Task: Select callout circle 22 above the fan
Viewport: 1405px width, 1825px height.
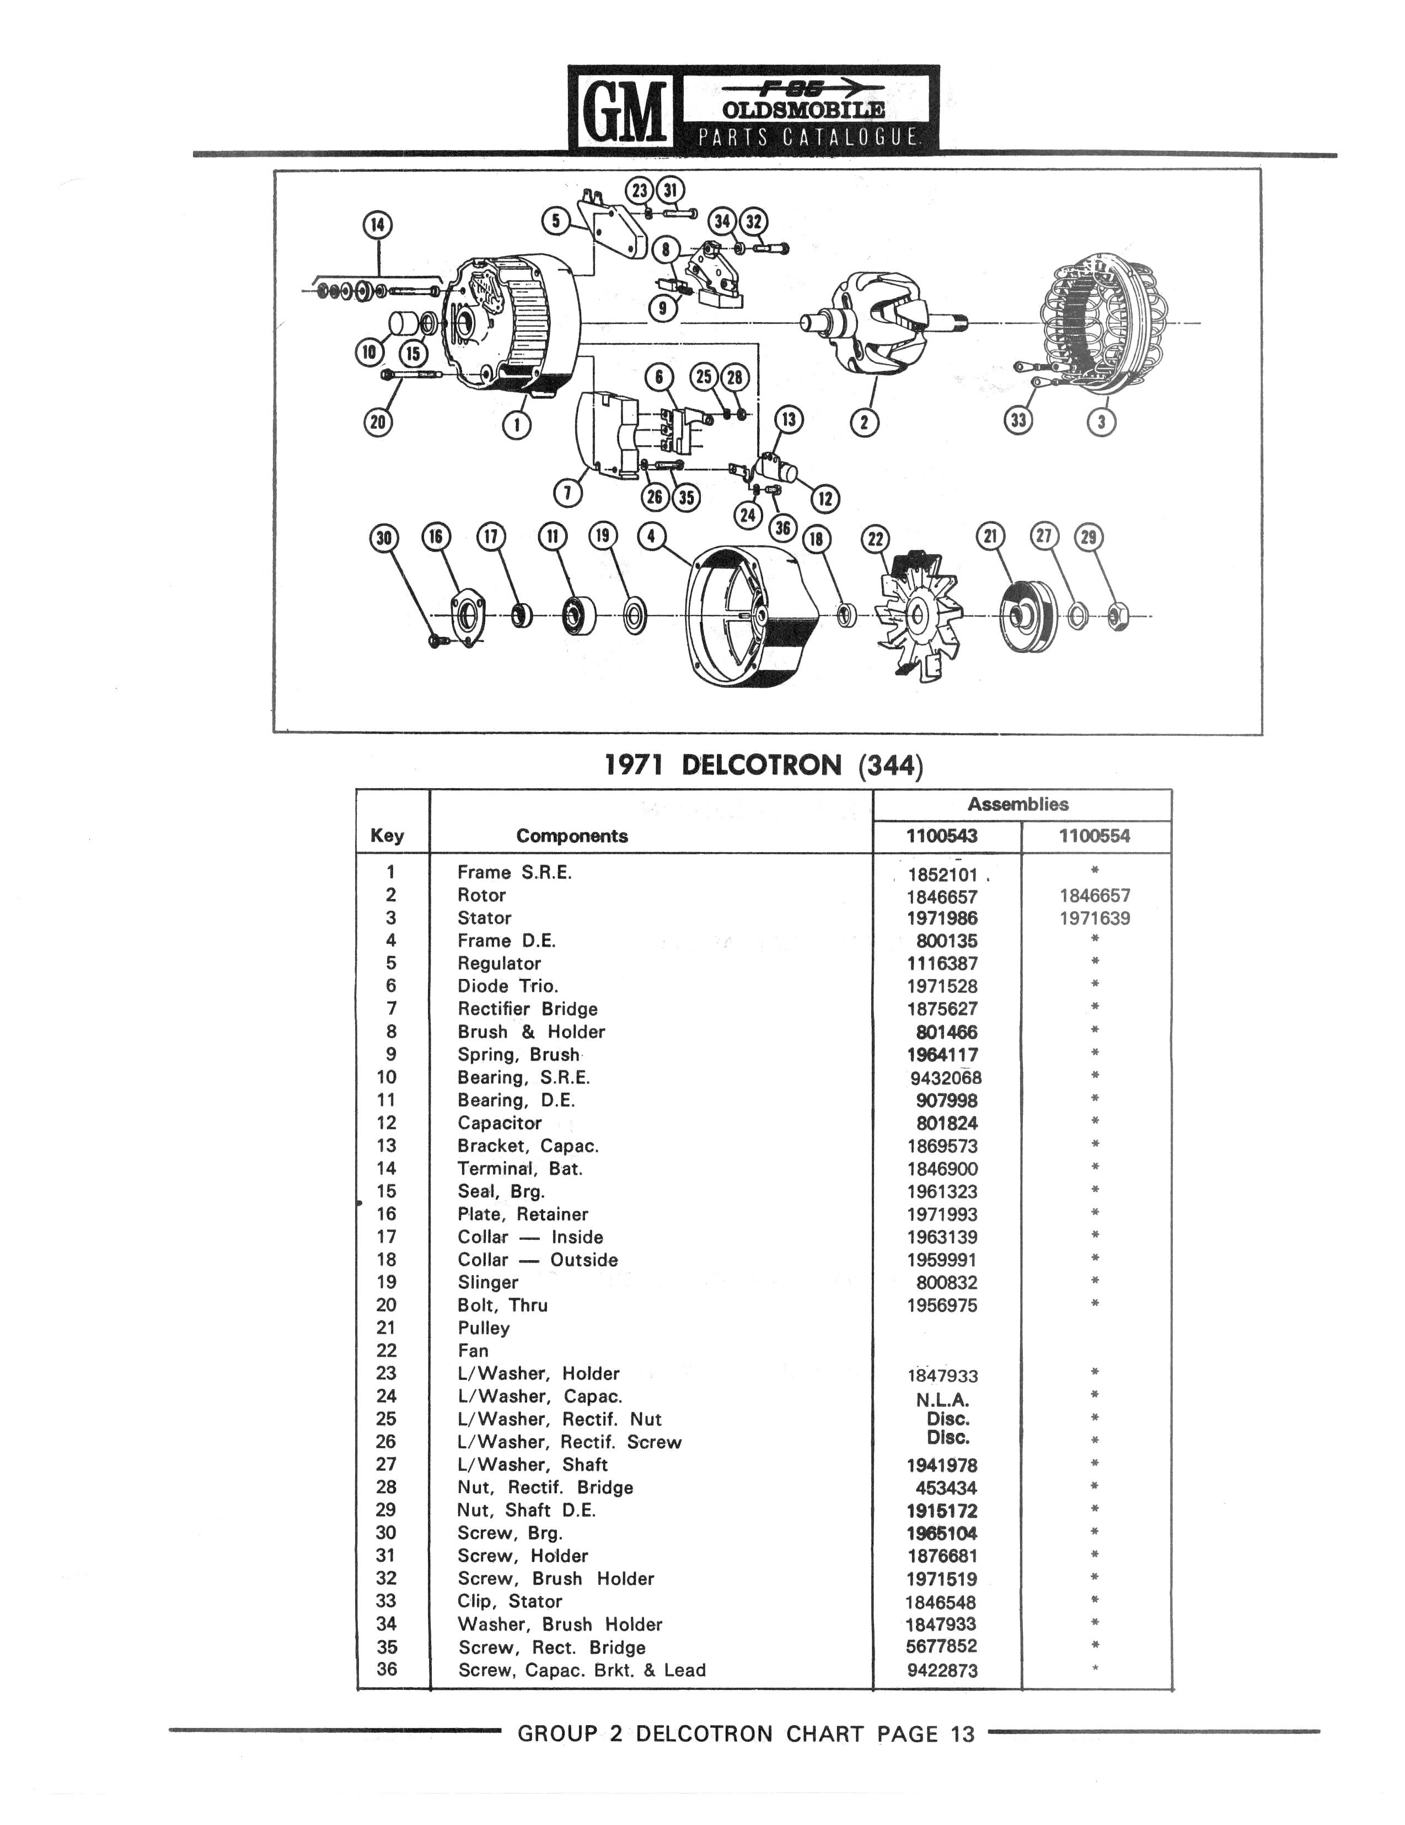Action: pos(875,539)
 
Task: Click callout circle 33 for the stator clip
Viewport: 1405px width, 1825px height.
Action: pos(1018,420)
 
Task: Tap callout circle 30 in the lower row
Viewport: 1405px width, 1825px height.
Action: pos(383,538)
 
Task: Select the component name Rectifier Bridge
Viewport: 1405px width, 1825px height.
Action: pos(527,1009)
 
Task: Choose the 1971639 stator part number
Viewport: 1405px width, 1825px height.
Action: pos(1094,918)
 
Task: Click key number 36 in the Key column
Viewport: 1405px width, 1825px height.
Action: pos(387,1669)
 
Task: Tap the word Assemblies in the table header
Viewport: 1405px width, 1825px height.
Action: pos(1018,805)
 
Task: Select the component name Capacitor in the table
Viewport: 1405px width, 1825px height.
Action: pos(500,1123)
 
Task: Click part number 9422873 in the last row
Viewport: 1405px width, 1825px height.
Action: pos(941,1671)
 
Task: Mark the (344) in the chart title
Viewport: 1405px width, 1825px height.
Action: pos(889,766)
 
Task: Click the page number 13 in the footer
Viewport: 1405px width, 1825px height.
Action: pos(962,1735)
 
